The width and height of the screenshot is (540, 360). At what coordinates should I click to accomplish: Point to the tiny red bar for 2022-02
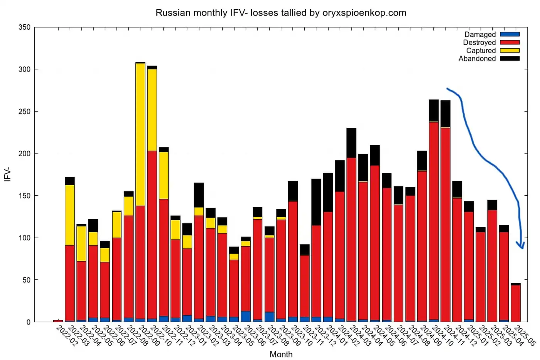58,321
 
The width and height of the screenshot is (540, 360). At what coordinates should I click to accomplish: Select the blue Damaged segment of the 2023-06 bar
246,316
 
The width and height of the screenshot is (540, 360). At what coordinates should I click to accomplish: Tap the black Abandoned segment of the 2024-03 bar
351,143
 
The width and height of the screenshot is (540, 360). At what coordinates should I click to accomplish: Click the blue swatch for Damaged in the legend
510,34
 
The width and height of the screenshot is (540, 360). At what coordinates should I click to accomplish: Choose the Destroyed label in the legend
479,42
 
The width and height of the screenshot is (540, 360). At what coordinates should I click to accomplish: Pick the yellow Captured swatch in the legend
510,51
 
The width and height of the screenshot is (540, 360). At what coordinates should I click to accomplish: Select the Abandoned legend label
477,59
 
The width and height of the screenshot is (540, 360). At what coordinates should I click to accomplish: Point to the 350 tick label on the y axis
24,27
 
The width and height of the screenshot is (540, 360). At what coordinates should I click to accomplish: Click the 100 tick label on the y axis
24,238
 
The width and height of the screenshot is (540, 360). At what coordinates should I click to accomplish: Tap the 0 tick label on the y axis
28,322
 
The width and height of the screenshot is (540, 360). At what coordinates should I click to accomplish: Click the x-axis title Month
281,354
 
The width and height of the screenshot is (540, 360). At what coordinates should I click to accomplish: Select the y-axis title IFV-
8,175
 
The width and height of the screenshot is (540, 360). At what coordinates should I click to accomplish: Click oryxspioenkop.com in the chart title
364,13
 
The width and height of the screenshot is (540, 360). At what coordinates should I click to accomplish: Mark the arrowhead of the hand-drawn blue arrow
521,246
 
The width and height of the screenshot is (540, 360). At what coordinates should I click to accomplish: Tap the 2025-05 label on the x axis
525,336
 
